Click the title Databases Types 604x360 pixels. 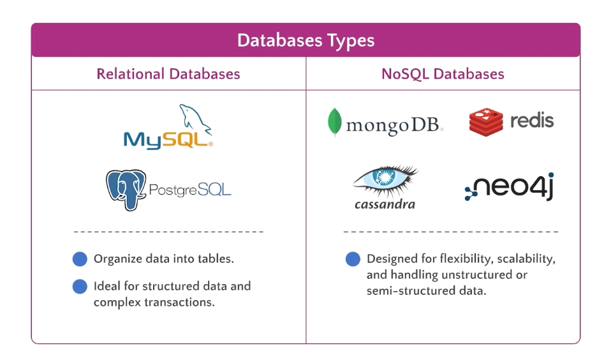tap(306, 41)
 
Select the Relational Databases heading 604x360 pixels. tap(168, 74)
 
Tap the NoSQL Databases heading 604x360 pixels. tap(443, 74)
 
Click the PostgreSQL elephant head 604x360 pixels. tap(126, 188)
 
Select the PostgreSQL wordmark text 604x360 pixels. tap(189, 190)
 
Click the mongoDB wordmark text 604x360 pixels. tap(392, 126)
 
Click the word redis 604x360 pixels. tap(531, 120)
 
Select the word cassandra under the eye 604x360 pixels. tap(385, 204)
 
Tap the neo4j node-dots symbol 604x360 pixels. tap(471, 191)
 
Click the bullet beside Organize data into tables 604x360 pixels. tap(80, 259)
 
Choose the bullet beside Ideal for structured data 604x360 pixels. tap(80, 286)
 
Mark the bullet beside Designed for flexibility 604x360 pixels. tap(353, 259)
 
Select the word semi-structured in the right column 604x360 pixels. tap(416, 291)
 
